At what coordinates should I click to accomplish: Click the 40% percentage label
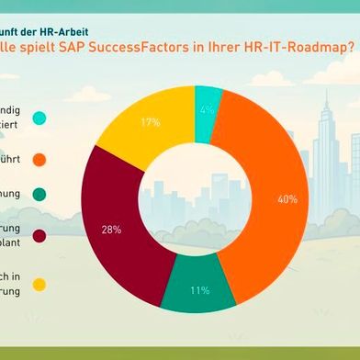(x=287, y=199)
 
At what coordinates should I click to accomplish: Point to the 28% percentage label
(x=112, y=230)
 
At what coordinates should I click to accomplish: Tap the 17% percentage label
(x=151, y=122)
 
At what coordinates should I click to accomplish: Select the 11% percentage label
(x=199, y=291)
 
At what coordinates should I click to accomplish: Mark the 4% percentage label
(x=207, y=109)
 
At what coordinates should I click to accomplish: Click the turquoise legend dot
(x=39, y=118)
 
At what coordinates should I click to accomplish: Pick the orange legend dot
(x=39, y=160)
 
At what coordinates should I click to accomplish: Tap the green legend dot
(x=39, y=195)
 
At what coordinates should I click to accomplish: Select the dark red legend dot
(x=39, y=237)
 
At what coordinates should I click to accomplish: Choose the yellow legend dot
(x=39, y=285)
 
